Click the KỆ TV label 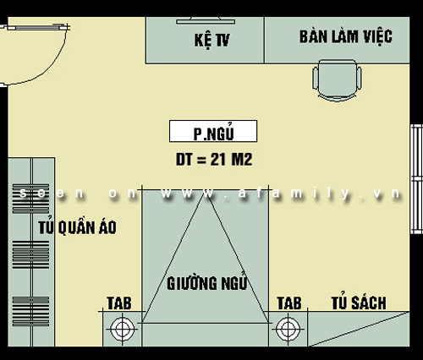211,40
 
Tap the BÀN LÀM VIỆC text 346,37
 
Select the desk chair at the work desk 337,80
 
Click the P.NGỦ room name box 213,131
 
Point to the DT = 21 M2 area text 214,160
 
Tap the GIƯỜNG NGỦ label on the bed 207,282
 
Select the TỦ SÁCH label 359,302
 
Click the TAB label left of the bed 119,303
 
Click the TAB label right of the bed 289,303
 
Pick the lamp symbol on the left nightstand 122,329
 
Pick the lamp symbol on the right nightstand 288,329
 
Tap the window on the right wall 416,179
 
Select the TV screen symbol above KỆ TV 206,20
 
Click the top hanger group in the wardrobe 30,199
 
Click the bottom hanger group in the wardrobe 30,311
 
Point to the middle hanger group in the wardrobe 30,254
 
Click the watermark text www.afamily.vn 281,194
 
